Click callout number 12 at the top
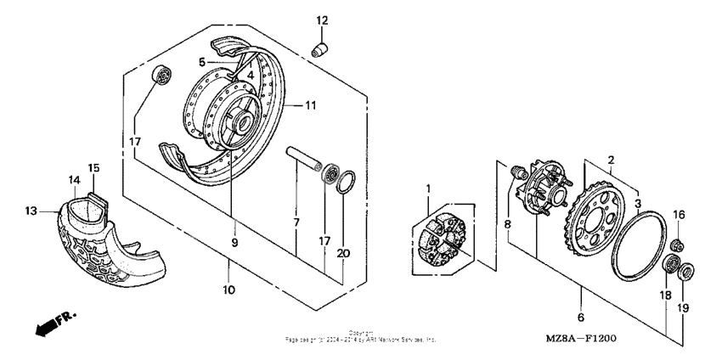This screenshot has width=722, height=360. pos(322,20)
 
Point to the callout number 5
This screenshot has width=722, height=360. pos(201,62)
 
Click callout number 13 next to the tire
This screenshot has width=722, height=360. pos(31,210)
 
